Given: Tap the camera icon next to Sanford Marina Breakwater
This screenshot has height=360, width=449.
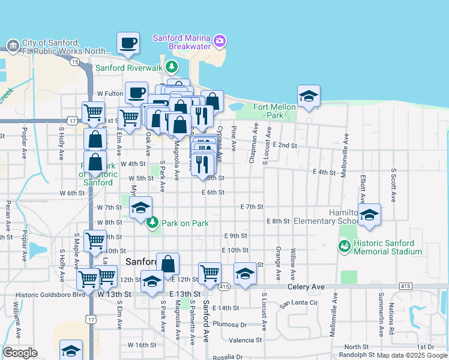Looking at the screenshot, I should pyautogui.click(x=220, y=41).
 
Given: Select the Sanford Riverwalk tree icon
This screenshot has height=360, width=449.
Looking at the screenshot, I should pyautogui.click(x=172, y=67).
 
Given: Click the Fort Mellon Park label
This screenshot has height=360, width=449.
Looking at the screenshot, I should pyautogui.click(x=275, y=111).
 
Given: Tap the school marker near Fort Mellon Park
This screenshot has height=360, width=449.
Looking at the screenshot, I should pyautogui.click(x=309, y=96).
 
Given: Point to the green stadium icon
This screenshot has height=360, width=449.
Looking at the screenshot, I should pyautogui.click(x=344, y=245).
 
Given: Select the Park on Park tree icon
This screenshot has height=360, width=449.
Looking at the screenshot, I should pyautogui.click(x=152, y=223).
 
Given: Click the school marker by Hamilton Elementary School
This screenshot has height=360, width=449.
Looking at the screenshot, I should pyautogui.click(x=370, y=215).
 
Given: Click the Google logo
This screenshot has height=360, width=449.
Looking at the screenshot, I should pyautogui.click(x=20, y=352).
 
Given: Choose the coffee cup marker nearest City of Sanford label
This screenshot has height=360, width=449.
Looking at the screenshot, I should pyautogui.click(x=128, y=43).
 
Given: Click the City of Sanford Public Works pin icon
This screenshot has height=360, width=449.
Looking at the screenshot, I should pyautogui.click(x=13, y=46).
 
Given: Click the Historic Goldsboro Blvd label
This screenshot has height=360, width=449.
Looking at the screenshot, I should pyautogui.click(x=45, y=294).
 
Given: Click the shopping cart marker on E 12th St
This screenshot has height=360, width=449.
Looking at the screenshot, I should pyautogui.click(x=209, y=273).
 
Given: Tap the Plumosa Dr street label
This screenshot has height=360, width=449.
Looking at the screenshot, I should pyautogui.click(x=230, y=325).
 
